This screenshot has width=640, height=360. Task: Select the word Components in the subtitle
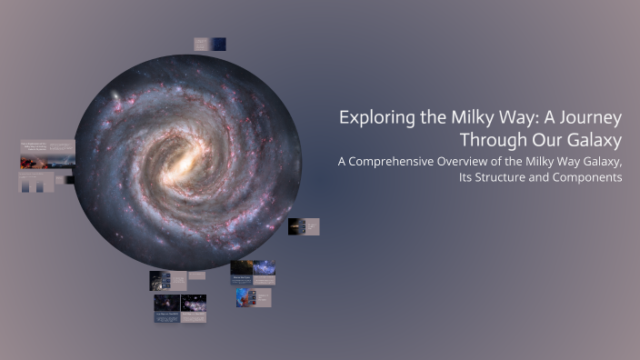[589, 177]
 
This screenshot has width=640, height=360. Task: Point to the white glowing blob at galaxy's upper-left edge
[115, 96]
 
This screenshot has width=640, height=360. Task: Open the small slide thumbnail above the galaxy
[210, 44]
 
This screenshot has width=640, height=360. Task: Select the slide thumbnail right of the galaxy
[304, 226]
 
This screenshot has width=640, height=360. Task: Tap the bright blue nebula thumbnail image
[244, 297]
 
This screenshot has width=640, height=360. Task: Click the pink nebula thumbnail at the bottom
[193, 303]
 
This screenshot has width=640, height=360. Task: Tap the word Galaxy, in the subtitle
[597, 162]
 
